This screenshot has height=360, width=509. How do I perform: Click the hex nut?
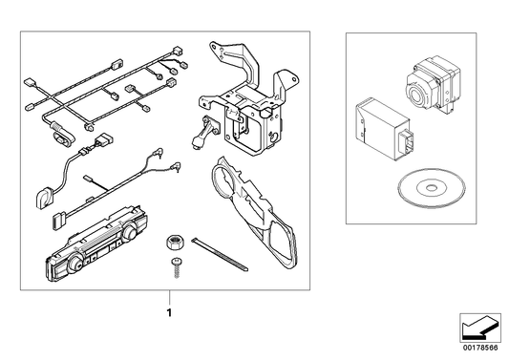174,243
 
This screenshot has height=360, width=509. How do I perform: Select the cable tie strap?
220,254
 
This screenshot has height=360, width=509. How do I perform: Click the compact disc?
432,188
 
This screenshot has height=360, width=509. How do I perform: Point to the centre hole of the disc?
432,187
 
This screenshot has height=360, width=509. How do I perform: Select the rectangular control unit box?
382,131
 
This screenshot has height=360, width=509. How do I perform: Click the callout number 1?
169,312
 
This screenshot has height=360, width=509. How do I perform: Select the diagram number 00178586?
480,348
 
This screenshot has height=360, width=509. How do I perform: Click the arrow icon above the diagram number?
479,328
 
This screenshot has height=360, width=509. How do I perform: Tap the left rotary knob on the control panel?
76,262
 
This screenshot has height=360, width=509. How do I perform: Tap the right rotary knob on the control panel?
130,231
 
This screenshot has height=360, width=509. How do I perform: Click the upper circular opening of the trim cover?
224,180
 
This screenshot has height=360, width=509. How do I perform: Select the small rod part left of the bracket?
201,134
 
